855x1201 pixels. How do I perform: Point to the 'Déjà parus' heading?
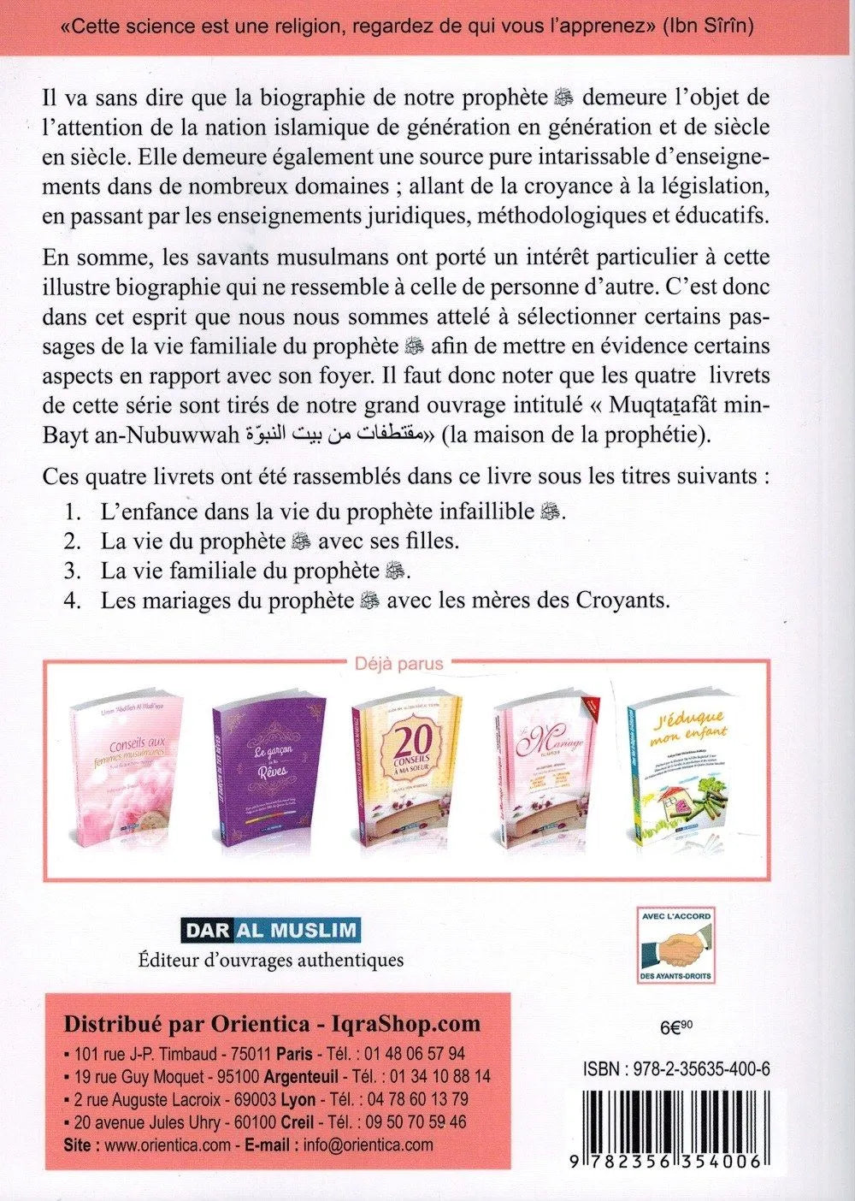pos(399,665)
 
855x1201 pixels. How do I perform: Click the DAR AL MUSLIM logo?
pos(270,930)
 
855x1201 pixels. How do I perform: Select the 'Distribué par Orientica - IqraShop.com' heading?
pos(272,1024)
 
